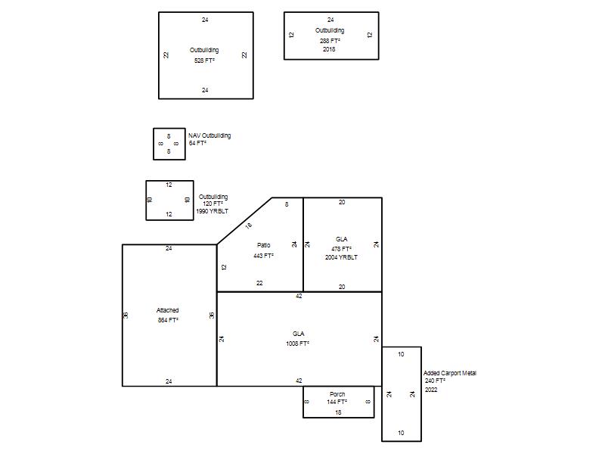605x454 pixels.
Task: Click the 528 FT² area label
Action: (204, 61)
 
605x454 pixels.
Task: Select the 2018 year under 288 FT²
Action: (329, 49)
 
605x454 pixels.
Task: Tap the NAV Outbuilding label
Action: (209, 135)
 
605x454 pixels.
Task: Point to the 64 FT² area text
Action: (197, 143)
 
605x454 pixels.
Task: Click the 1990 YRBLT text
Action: (213, 211)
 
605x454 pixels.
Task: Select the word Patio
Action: (264, 245)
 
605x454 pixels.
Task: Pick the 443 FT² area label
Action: (263, 256)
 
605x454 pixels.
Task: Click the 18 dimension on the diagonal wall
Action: (249, 225)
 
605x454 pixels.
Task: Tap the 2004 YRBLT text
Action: (342, 257)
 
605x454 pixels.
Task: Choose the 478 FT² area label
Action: (342, 249)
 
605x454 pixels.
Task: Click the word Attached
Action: (167, 310)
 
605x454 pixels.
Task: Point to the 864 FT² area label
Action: (168, 320)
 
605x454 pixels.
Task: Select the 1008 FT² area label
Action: (297, 344)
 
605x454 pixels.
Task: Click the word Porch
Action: (337, 394)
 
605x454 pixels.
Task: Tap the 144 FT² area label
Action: (337, 402)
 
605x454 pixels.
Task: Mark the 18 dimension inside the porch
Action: (338, 412)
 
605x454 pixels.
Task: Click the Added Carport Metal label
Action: (450, 373)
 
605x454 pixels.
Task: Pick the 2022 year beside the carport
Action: (431, 390)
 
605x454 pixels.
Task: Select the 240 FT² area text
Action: (436, 381)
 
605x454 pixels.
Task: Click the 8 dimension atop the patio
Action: (287, 204)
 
